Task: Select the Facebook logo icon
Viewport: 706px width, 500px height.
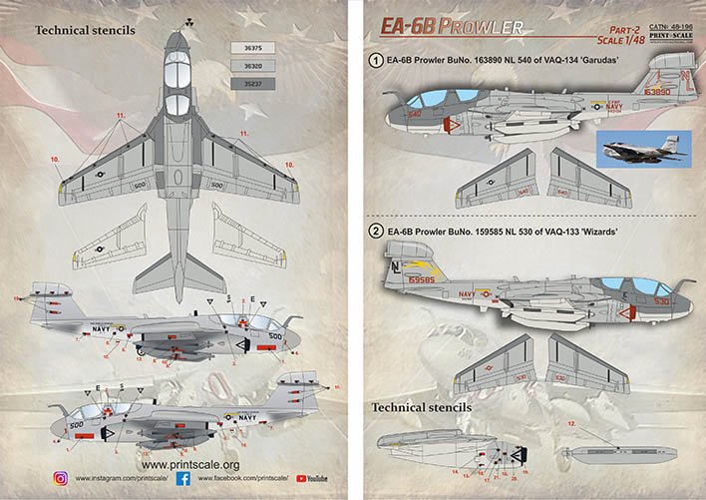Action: (188, 479)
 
